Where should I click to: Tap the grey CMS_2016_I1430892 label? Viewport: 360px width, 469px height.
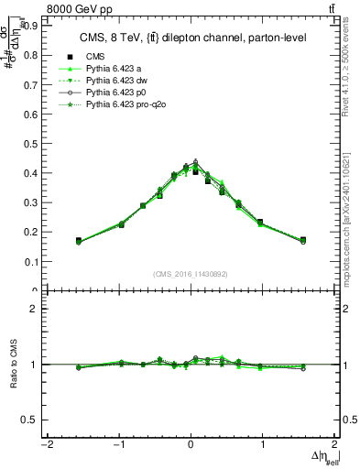(x=191, y=274)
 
